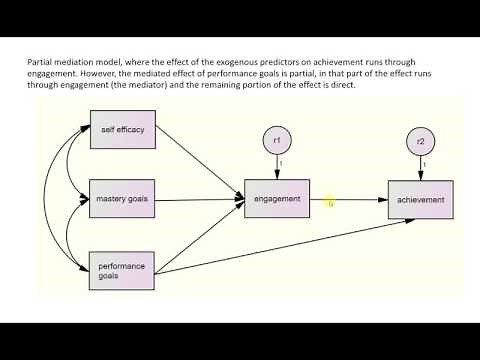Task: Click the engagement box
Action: pos(278,199)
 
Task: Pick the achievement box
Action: pos(420,200)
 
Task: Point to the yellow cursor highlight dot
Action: pos(331,204)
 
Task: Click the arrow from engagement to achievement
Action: pos(355,200)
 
